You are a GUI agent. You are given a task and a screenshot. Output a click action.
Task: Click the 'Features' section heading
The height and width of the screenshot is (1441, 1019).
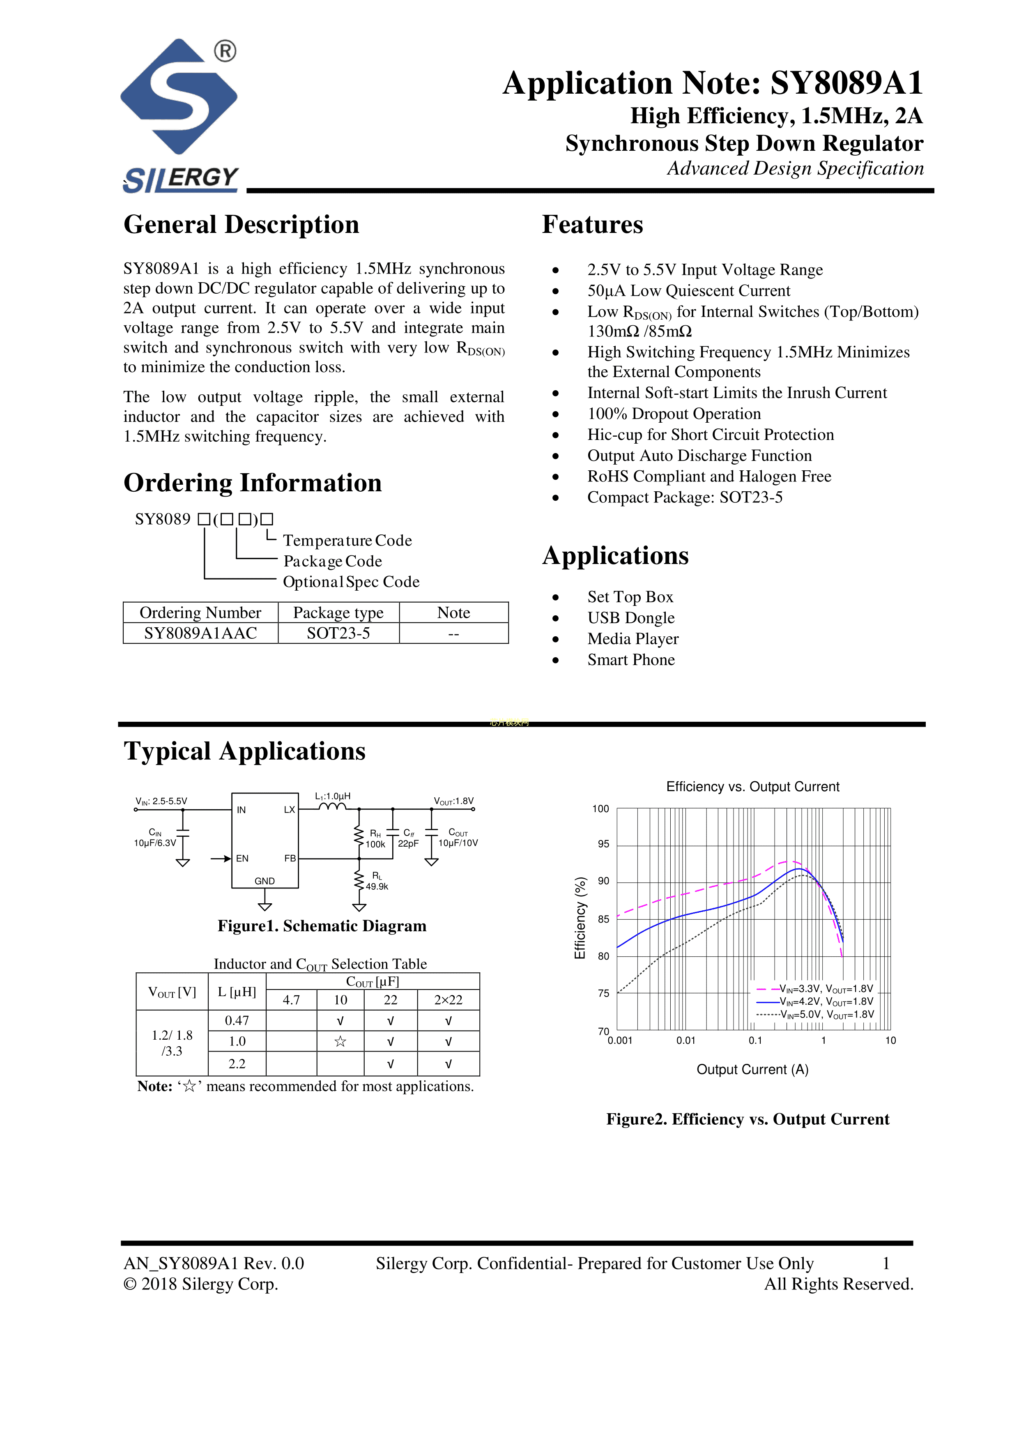click(592, 225)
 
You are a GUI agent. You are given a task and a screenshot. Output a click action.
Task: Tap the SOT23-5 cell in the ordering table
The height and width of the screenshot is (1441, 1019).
click(338, 633)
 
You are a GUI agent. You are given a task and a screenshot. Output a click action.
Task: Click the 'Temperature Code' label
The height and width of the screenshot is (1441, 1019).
click(347, 541)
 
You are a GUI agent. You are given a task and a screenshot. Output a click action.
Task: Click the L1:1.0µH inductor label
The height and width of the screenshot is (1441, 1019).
click(333, 796)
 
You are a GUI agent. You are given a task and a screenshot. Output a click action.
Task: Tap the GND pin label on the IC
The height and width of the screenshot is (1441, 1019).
click(264, 881)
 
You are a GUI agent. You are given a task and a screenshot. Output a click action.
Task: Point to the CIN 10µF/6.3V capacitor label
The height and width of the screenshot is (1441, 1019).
click(155, 838)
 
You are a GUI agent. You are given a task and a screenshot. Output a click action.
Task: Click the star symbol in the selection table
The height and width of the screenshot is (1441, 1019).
click(340, 1042)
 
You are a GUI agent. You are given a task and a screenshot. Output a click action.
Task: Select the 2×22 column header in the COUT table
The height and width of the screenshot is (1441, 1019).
click(448, 1000)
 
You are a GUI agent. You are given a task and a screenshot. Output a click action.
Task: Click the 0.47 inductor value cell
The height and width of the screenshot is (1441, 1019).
click(237, 1020)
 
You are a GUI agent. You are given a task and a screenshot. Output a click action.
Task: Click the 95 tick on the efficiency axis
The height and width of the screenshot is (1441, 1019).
click(603, 844)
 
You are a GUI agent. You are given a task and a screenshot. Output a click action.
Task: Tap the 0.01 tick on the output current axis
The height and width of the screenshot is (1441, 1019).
click(686, 1040)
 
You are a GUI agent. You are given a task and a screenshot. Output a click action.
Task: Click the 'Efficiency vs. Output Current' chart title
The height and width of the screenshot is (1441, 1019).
click(752, 786)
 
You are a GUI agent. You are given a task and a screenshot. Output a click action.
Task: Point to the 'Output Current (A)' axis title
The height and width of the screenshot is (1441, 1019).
click(752, 1069)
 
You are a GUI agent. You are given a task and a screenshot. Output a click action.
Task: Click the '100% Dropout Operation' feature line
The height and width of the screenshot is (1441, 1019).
click(674, 414)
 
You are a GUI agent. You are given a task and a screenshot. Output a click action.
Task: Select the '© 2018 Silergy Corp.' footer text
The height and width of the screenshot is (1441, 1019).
click(201, 1284)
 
